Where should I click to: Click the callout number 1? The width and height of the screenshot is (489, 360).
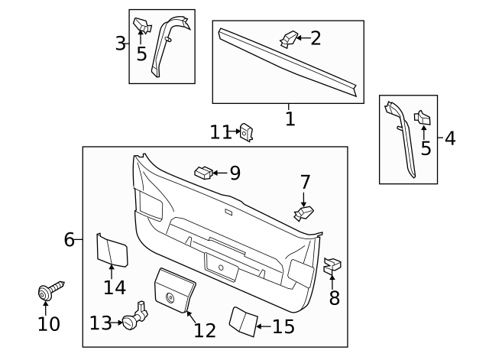(x=290, y=119)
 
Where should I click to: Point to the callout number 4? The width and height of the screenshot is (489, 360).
(x=449, y=138)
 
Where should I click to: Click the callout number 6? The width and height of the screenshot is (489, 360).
(x=69, y=239)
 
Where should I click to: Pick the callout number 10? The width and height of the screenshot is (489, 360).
(x=48, y=324)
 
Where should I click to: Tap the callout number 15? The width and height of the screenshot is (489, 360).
(x=283, y=327)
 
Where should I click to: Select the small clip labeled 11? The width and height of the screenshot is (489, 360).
(x=247, y=132)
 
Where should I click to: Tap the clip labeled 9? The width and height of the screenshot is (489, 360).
(x=202, y=172)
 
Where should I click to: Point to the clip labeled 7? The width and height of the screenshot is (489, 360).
(x=303, y=212)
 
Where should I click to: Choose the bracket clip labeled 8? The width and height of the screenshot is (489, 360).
(x=332, y=267)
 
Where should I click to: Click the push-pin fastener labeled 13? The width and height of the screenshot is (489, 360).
(x=136, y=317)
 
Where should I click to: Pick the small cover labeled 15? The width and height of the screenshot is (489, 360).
(x=244, y=321)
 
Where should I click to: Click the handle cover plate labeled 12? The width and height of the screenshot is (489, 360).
(x=175, y=290)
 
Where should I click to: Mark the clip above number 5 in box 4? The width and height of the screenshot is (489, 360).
(x=423, y=118)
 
